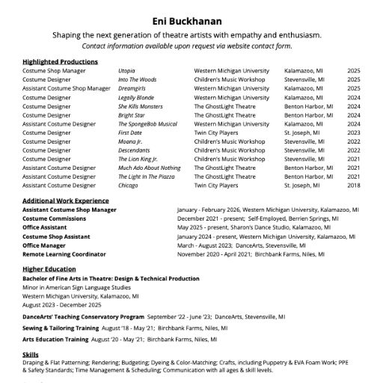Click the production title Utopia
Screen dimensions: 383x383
127,70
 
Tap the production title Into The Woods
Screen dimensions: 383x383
137,79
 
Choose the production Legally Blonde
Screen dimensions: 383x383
135,97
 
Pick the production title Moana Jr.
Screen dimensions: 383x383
130,141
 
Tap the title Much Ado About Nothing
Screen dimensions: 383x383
149,168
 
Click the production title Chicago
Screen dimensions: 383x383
129,185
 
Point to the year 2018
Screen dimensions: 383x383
353,185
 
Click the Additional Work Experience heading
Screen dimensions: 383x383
65,201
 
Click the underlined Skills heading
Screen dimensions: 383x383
31,355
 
